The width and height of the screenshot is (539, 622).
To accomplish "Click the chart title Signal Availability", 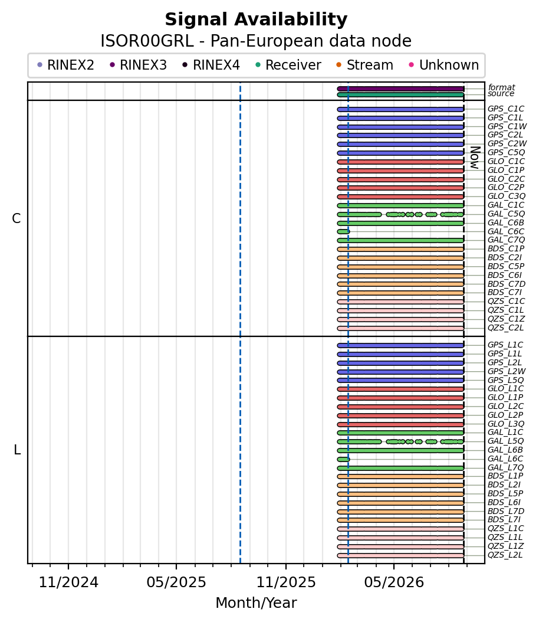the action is (x=256, y=19).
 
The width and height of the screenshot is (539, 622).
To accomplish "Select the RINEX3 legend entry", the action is (x=139, y=65).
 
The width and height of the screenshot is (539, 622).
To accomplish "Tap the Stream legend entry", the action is (x=364, y=65).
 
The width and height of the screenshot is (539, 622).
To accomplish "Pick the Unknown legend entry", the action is (x=444, y=65).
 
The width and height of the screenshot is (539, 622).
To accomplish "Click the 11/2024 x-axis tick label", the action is (x=68, y=582).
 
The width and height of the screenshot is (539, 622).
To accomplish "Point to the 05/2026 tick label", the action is (x=394, y=582).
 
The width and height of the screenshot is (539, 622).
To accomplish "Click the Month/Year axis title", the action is (x=256, y=603).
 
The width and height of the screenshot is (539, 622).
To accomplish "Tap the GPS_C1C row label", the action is (x=506, y=109).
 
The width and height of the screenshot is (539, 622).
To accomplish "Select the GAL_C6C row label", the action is (x=506, y=232).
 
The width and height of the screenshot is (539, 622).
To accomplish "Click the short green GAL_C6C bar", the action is (x=343, y=232).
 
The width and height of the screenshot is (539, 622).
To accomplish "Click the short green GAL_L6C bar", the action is (x=343, y=459).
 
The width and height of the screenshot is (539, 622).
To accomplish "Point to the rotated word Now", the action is (x=475, y=158).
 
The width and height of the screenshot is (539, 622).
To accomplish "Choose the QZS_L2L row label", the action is (x=505, y=555).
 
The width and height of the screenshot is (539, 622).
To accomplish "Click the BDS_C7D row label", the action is (x=507, y=284).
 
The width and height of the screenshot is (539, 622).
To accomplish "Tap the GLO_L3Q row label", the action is (x=506, y=424).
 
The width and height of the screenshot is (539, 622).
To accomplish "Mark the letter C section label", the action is (x=17, y=218).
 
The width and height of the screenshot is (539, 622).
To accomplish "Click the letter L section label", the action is (x=17, y=450).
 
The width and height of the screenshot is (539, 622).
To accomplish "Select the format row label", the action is (x=501, y=87).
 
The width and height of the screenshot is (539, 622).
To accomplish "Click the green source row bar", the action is (x=400, y=95).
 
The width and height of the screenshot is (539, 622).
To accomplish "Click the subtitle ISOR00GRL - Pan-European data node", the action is (x=256, y=41).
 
